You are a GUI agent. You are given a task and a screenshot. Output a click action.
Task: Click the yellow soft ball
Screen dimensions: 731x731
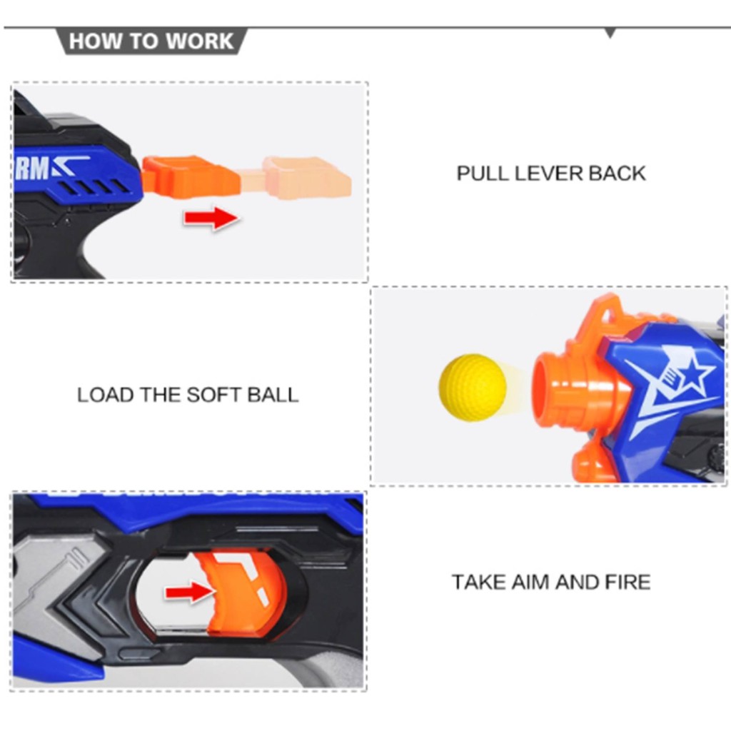click(x=472, y=387)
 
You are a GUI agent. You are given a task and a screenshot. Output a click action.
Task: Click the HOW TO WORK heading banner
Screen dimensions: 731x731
click(x=152, y=41)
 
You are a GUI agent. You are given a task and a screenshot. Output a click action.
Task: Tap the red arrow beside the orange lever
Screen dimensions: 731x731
click(x=211, y=218)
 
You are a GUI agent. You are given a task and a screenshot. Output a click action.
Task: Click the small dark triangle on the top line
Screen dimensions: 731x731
click(x=610, y=33)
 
